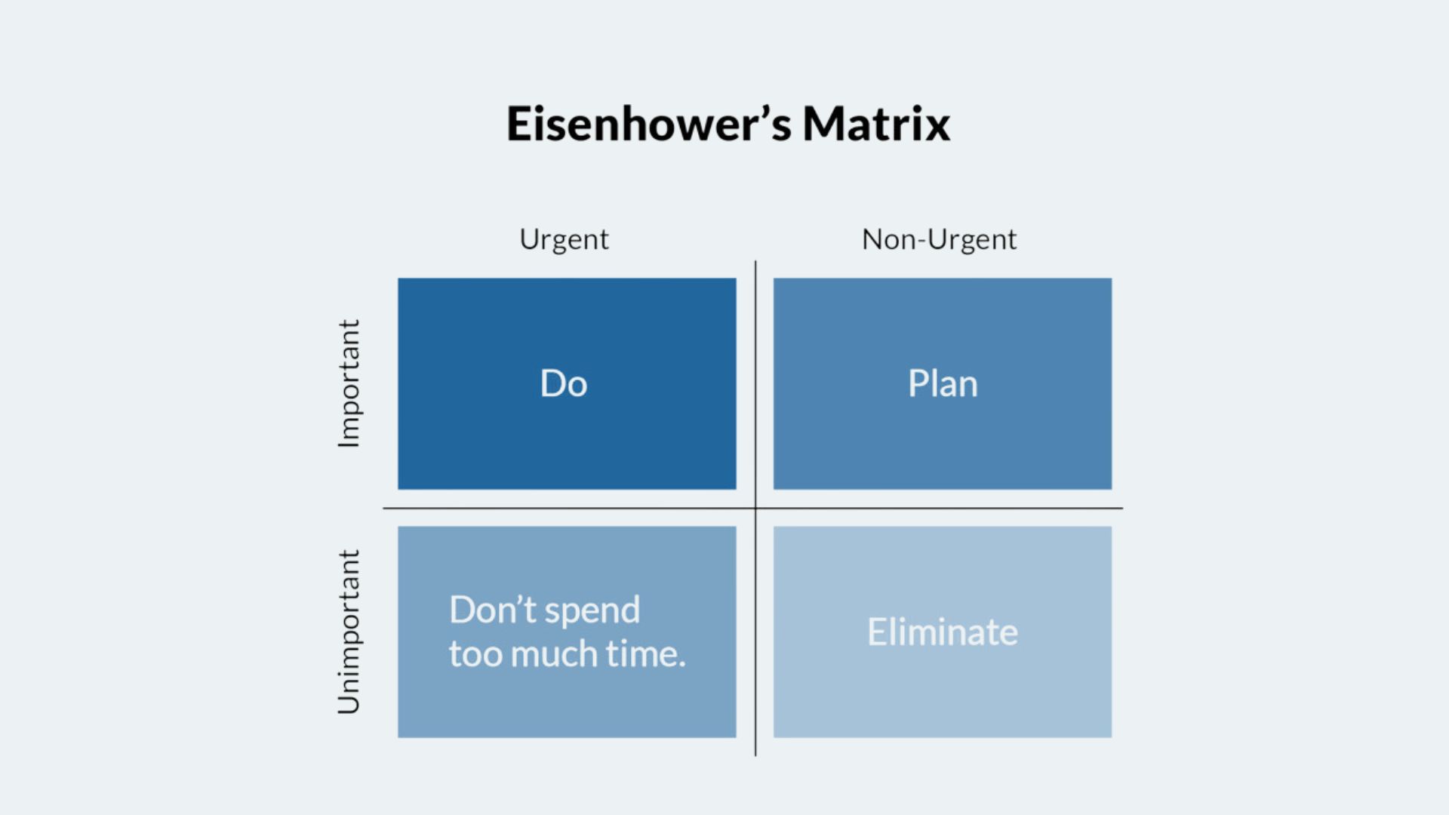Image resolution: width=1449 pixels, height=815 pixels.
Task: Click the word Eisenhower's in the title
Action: coord(649,124)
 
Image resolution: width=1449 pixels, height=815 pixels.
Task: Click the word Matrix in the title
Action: coord(876,124)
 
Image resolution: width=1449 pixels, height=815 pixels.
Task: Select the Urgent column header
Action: coord(564,241)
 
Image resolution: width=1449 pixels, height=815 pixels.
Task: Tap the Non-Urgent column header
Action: coord(939,240)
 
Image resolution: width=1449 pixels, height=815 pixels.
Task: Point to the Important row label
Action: coord(349,383)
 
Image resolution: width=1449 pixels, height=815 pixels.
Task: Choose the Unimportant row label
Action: coord(349,632)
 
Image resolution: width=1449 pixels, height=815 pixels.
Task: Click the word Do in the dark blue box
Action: coord(564,383)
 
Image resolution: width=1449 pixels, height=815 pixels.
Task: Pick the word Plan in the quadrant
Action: coord(943,383)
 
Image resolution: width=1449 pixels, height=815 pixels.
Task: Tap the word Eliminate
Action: coord(943,632)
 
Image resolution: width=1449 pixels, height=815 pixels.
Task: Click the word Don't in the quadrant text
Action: coord(493,610)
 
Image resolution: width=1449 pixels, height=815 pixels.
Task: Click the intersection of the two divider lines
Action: coord(755,509)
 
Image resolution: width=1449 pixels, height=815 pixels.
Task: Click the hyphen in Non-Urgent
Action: coord(922,242)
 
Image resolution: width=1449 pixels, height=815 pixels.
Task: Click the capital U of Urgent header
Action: coord(531,239)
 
